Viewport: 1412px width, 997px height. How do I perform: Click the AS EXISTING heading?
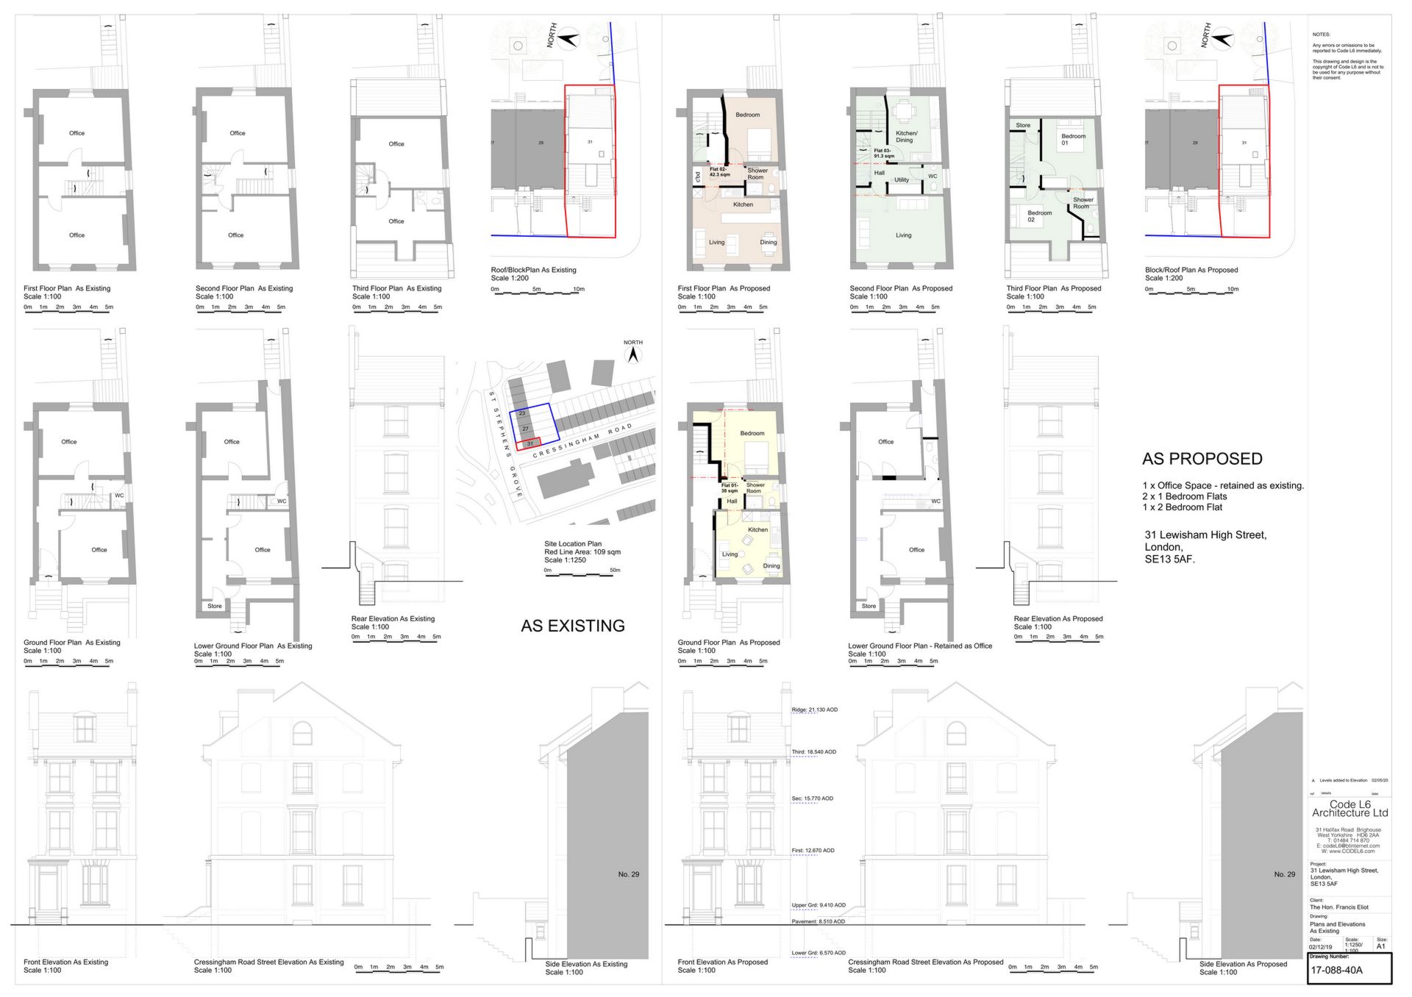tap(572, 626)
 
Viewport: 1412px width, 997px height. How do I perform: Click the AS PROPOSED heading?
tap(1202, 459)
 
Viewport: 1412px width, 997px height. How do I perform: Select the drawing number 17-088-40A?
tap(1336, 970)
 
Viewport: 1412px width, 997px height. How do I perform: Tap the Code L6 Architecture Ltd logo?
tap(1349, 809)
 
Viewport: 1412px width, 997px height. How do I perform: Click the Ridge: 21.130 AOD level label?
tap(814, 710)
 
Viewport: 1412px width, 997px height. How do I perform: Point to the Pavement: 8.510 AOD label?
tap(818, 921)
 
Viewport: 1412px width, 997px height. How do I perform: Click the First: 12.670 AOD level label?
tap(813, 851)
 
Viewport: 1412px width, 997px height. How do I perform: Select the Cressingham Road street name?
tap(582, 440)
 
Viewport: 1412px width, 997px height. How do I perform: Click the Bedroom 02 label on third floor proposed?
tap(1039, 216)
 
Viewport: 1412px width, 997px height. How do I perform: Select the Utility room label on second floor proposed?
tap(901, 180)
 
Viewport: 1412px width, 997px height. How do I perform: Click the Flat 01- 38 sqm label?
tap(729, 488)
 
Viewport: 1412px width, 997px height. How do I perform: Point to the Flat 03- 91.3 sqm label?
tap(883, 153)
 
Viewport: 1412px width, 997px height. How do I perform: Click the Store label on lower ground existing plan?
tap(214, 607)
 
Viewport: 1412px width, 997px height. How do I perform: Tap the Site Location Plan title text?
tap(572, 544)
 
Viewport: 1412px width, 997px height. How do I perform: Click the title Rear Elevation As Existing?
tap(393, 619)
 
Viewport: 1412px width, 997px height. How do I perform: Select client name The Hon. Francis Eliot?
tap(1338, 907)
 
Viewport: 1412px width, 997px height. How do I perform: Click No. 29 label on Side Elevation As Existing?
tap(628, 874)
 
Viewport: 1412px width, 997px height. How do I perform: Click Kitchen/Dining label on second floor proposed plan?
tap(906, 137)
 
